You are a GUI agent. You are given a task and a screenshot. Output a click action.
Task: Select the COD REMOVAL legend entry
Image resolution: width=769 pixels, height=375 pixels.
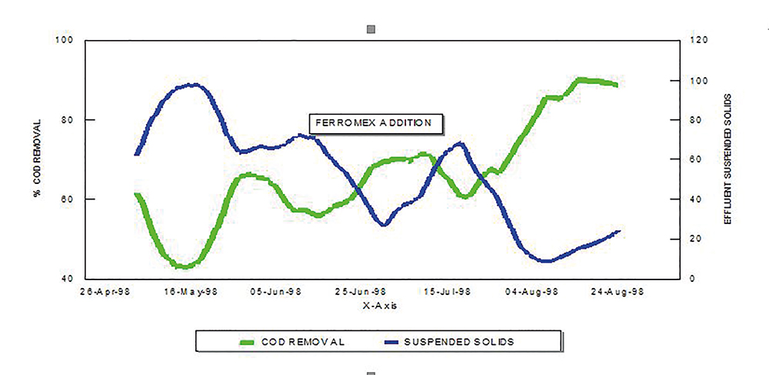pyautogui.click(x=291, y=340)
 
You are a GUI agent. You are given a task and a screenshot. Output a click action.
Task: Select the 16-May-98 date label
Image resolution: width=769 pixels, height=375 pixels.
pyautogui.click(x=193, y=292)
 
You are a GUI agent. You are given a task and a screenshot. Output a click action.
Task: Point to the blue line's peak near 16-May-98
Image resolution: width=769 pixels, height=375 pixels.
pyautogui.click(x=193, y=85)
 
